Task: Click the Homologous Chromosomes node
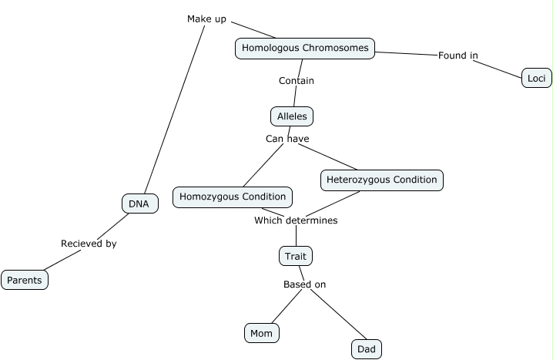pos(305,49)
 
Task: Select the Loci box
pos(536,77)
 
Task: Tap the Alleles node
pos(292,116)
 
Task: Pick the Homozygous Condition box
pos(233,197)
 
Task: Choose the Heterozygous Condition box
pos(381,180)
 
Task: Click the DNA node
pos(139,204)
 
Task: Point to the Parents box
pos(25,280)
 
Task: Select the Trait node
pos(296,256)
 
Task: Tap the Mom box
pos(261,333)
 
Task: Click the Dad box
pos(367,349)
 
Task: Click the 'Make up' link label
pos(206,19)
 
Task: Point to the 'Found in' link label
pos(457,56)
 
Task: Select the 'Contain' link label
pos(296,80)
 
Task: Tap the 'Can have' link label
pos(287,139)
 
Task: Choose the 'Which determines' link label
pos(296,220)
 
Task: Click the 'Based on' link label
pos(304,284)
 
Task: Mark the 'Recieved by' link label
pos(89,244)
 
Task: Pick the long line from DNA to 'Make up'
pos(173,108)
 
